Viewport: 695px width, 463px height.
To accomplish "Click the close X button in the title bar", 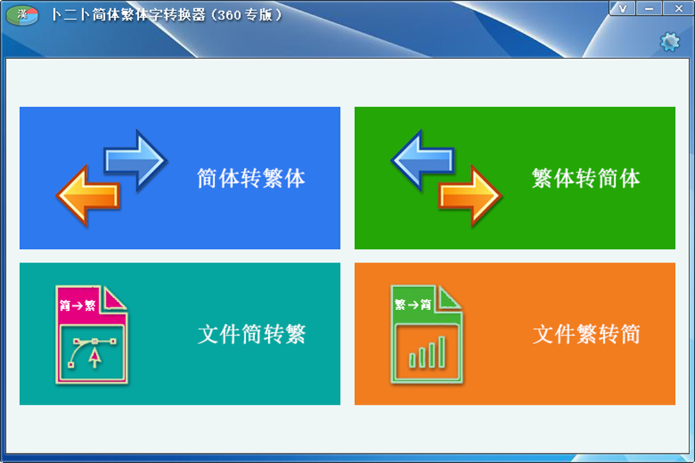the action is click(x=678, y=8).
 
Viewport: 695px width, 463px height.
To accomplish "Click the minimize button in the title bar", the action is click(x=649, y=8).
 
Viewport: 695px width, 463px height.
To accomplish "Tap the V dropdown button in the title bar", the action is click(x=623, y=8).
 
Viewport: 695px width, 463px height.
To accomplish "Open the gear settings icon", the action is click(x=669, y=42).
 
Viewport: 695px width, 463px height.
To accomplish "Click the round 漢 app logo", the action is click(x=22, y=15).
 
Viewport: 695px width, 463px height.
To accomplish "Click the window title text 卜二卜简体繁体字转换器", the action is click(x=129, y=15).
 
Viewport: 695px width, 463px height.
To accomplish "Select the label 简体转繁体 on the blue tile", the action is click(x=252, y=178).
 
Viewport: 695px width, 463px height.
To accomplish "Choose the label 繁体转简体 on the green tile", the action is click(x=586, y=178).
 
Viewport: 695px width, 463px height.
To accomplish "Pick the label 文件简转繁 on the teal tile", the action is click(x=252, y=334).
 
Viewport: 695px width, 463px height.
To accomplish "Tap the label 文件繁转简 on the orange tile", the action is click(x=587, y=334).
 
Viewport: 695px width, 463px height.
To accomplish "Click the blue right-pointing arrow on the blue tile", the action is click(x=136, y=160).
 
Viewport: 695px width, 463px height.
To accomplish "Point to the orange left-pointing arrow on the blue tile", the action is click(x=88, y=195).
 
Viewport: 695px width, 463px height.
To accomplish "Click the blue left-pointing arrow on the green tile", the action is click(x=423, y=160).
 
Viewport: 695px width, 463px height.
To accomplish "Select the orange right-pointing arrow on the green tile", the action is click(x=470, y=195).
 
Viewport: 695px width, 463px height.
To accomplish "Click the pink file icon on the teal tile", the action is click(x=91, y=334).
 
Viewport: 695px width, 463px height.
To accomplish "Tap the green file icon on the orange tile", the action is click(x=427, y=334).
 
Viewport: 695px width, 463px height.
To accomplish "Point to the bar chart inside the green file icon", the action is click(x=427, y=352).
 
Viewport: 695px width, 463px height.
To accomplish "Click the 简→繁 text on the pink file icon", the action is click(x=78, y=305).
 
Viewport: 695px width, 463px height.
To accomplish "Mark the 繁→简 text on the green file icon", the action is click(x=413, y=304).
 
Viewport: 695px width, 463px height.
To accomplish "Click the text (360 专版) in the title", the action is click(x=247, y=15).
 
